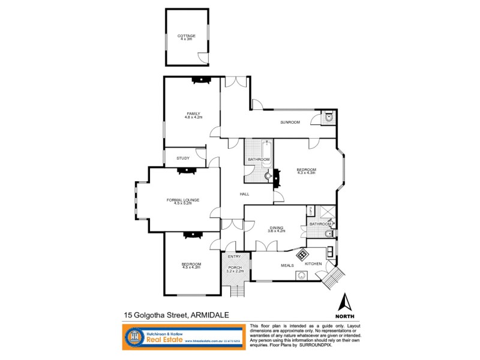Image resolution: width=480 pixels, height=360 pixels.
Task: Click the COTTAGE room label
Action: [186, 36]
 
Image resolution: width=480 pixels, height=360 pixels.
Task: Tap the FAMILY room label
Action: [193, 113]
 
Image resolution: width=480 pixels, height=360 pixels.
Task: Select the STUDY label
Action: [183, 158]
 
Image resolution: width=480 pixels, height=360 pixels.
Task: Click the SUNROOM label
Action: [290, 122]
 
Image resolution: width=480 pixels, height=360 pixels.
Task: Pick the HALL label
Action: [244, 194]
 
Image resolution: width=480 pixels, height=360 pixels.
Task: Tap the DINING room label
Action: [276, 228]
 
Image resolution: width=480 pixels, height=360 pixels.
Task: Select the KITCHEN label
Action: [313, 264]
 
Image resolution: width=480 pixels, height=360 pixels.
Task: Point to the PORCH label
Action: [234, 268]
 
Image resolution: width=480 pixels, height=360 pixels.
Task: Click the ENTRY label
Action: [234, 257]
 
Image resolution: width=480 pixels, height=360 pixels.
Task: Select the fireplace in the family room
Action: [198, 79]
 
